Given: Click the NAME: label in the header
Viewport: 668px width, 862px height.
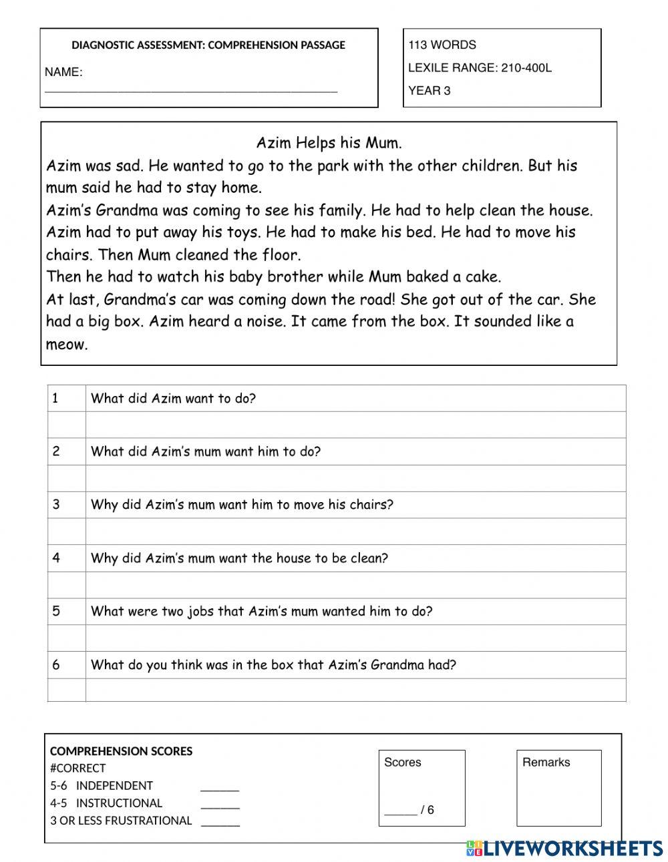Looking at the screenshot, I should tap(63, 72).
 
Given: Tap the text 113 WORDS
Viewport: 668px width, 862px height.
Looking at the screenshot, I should tap(442, 45).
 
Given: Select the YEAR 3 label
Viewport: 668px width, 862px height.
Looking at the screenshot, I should tap(429, 91).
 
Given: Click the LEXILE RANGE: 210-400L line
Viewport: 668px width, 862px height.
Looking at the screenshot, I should tap(479, 67).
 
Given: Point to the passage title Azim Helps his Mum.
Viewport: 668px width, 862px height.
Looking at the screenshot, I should tap(329, 143).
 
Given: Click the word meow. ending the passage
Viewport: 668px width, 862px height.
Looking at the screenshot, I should tap(67, 345).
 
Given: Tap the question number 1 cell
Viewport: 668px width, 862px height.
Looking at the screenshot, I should tap(66, 399).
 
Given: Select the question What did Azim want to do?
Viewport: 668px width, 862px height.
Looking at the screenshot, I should tap(173, 399).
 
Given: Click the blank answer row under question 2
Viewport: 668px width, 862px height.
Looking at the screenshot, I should tap(355, 478).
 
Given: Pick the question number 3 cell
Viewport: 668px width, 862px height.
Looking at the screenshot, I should tap(66, 505).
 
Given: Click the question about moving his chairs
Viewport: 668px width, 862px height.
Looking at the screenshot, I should tap(242, 505).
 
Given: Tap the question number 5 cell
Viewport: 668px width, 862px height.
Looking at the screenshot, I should tap(66, 611).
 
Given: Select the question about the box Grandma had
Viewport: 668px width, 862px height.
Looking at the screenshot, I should tap(273, 664).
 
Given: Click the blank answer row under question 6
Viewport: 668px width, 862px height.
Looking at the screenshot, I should tap(355, 690).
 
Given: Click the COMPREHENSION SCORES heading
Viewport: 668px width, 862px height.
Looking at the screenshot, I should tap(121, 751).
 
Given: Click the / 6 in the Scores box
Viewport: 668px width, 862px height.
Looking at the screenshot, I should tap(426, 810).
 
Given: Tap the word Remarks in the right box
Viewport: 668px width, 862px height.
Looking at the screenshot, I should tap(546, 762).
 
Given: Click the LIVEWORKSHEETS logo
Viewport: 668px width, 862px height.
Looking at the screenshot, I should tap(564, 849).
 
